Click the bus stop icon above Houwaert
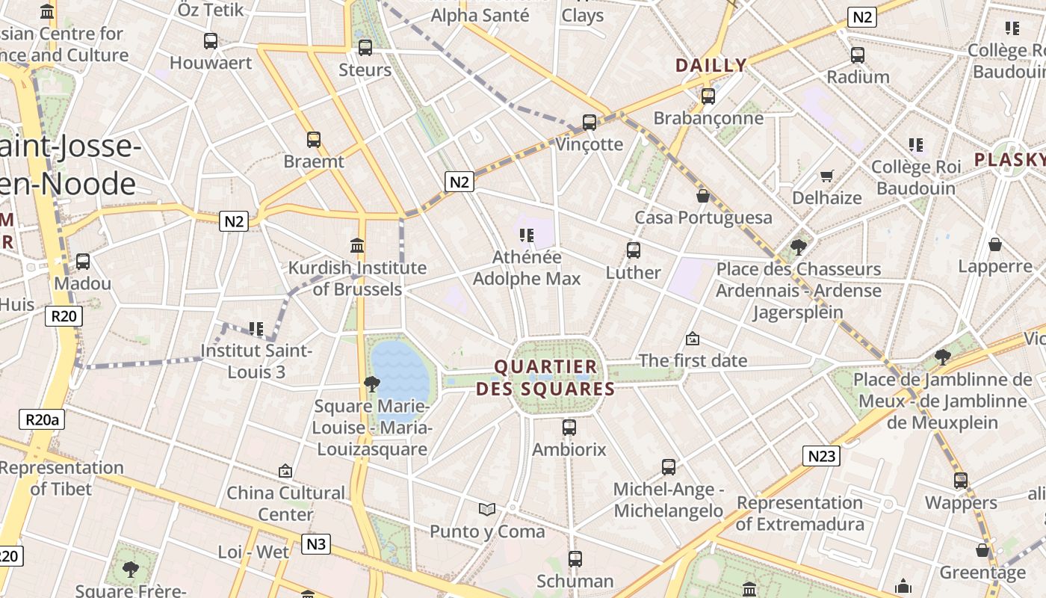coord(211,41)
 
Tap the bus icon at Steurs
coord(365,48)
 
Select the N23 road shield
coord(822,456)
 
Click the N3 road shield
coord(316,543)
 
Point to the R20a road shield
coord(42,419)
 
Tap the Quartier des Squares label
coord(546,377)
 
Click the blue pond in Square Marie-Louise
coord(403,374)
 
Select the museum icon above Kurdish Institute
coord(357,245)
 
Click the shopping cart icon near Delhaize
coord(826,176)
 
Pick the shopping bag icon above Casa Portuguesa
coord(703,196)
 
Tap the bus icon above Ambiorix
coord(569,428)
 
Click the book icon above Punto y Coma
coord(487,510)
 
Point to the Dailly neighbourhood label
coord(711,65)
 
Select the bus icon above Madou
coord(83,262)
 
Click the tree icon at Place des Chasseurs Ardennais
coord(799,247)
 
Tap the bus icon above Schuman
coord(575,559)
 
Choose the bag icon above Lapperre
coord(995,244)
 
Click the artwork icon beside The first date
coord(693,339)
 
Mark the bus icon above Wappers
coord(961,481)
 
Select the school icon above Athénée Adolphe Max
coord(527,235)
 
